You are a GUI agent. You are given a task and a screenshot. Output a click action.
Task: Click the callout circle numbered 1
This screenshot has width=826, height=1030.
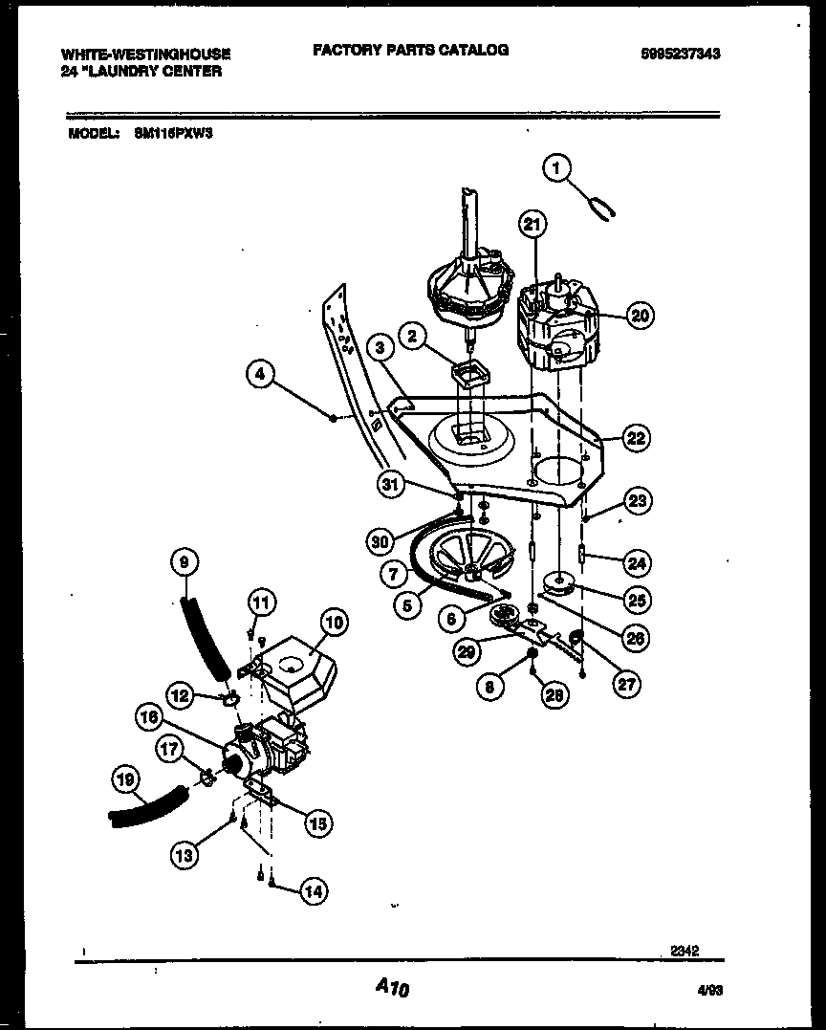pos(556,168)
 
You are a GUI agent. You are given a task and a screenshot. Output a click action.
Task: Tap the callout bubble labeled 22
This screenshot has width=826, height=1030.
pos(635,438)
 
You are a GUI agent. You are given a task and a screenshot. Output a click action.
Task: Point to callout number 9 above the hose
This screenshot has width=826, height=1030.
pos(185,562)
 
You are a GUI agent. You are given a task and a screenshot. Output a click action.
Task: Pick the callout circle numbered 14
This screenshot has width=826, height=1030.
pos(312,891)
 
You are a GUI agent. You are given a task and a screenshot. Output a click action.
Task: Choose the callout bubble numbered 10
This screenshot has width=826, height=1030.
pos(333,624)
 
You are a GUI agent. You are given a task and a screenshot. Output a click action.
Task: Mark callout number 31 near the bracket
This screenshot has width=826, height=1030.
pos(389,485)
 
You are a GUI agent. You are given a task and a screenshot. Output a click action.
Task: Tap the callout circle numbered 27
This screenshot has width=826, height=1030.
pos(627,684)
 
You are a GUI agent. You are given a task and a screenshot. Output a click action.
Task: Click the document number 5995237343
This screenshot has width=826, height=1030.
pos(680,55)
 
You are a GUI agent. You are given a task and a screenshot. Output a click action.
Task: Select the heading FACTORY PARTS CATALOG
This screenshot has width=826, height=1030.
pos(410,50)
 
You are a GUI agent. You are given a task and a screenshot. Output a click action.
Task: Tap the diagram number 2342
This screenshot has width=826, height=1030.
pos(684,951)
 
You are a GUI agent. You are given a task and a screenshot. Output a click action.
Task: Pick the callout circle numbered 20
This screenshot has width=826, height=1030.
pos(640,315)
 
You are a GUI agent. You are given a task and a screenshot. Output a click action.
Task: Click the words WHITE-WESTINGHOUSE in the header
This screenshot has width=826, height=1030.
pos(145,55)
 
